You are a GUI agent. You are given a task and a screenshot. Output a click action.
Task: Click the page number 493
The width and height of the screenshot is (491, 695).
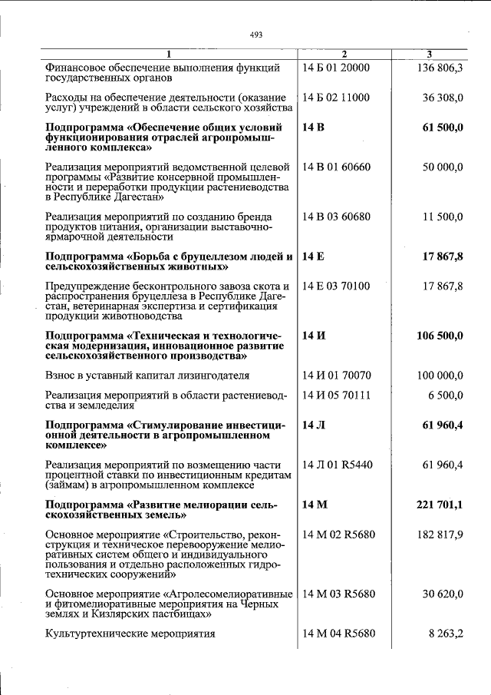coord(256,35)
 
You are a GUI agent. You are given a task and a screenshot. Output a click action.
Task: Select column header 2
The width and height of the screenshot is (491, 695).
coord(344,54)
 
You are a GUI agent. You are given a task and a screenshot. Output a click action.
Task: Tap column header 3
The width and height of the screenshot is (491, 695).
coord(429,54)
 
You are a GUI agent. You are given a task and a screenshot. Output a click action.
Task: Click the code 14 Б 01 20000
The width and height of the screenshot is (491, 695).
coord(336,68)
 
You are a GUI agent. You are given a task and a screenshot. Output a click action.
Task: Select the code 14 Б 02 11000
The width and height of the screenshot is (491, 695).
coord(336,98)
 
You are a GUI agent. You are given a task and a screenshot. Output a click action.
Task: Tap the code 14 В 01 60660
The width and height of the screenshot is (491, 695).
coord(337,167)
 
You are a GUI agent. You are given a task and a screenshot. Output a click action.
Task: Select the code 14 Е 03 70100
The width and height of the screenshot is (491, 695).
coord(336,286)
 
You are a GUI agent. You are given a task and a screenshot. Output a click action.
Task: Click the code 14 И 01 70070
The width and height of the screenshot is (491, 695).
coord(337,376)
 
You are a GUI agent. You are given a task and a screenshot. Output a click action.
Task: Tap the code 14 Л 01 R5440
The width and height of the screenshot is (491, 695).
coord(338,465)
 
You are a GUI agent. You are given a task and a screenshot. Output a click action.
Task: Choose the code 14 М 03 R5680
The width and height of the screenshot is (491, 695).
coord(338,594)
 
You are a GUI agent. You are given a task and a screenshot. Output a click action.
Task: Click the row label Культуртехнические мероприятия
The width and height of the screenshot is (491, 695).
coord(130,634)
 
